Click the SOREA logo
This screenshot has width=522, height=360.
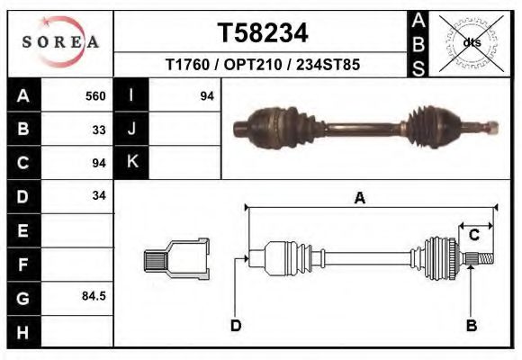click(x=60, y=41)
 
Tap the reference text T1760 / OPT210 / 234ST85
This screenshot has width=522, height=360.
click(x=263, y=66)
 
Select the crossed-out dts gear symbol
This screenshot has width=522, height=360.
click(x=470, y=41)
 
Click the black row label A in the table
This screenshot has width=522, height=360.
click(x=23, y=95)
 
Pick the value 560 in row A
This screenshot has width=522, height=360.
click(x=95, y=95)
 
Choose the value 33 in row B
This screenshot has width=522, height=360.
click(x=99, y=129)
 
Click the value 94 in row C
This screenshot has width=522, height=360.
click(x=99, y=163)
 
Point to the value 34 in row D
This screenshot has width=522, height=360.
click(x=99, y=196)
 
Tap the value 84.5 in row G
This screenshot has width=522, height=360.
click(x=94, y=296)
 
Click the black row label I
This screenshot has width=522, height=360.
click(x=131, y=95)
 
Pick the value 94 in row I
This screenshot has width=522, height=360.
click(x=206, y=95)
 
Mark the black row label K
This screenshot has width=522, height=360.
click(x=131, y=163)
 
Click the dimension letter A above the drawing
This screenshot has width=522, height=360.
click(x=359, y=199)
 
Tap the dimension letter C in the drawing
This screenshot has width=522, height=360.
click(x=473, y=236)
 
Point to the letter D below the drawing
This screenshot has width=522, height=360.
click(x=235, y=326)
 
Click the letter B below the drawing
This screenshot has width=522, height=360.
click(x=471, y=326)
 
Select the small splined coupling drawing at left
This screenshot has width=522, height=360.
click(x=176, y=258)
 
